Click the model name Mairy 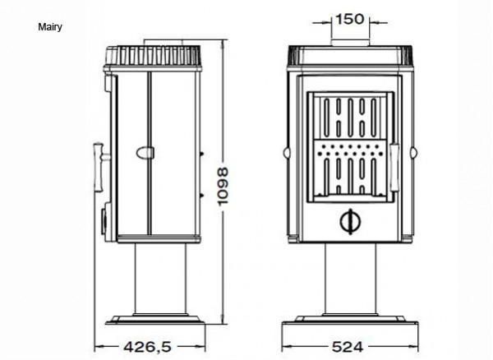(50, 27)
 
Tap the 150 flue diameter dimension (350, 19)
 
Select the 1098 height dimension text (223, 186)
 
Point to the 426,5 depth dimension (148, 347)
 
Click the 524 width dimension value (348, 347)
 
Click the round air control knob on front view (351, 221)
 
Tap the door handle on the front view (394, 168)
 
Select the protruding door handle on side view (100, 167)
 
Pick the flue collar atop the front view (350, 43)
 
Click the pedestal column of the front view (350, 279)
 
